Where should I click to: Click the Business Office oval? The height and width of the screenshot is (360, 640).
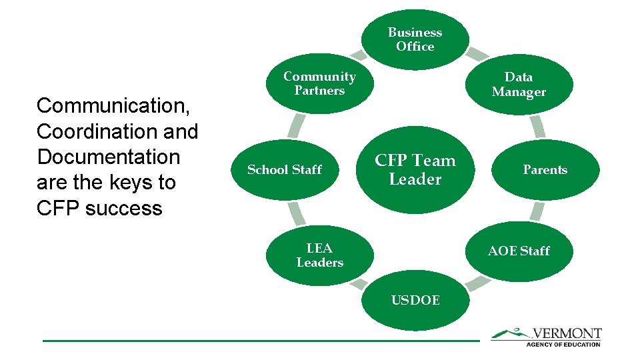tap(415, 39)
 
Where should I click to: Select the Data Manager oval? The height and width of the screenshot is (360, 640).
tap(519, 85)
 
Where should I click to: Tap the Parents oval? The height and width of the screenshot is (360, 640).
tap(545, 169)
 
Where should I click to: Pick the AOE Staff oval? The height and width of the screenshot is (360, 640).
tap(519, 251)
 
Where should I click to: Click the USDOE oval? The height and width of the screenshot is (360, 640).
tap(415, 300)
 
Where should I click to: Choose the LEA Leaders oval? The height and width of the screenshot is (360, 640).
tap(319, 255)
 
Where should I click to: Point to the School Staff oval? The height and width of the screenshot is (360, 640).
tap(285, 169)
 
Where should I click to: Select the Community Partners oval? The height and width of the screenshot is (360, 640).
tap(319, 84)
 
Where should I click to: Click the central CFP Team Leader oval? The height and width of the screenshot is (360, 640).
tap(415, 169)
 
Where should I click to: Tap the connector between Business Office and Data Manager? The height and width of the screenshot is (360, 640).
tap(476, 53)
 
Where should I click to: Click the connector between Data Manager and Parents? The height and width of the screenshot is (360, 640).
tap(537, 126)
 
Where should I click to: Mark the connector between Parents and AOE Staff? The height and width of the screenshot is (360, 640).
tap(537, 212)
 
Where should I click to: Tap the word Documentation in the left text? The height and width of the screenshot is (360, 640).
tap(109, 157)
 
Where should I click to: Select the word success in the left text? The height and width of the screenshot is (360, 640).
tap(124, 208)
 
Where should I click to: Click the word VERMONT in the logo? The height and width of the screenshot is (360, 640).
tap(567, 333)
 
